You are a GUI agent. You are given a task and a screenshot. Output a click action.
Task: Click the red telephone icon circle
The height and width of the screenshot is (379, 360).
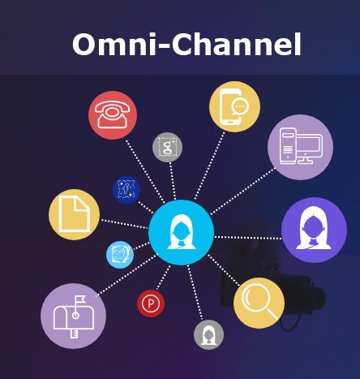click(113, 115)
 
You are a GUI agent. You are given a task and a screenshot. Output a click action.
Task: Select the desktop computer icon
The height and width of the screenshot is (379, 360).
click(300, 147)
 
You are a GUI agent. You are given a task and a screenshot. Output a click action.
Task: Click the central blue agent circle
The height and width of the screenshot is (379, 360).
click(182, 232)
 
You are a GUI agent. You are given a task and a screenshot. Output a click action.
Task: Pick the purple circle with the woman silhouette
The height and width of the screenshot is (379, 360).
click(314, 230)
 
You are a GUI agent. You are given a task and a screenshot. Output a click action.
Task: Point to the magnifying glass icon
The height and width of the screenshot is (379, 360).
click(259, 303)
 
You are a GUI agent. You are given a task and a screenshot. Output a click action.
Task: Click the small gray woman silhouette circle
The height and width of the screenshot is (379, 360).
click(208, 334)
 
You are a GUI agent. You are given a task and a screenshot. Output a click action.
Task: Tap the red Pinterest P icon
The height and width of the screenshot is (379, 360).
click(151, 304)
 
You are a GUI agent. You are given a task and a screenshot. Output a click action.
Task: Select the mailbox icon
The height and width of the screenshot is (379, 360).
click(73, 316)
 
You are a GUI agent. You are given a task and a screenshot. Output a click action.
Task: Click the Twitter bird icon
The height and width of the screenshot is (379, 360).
click(120, 255)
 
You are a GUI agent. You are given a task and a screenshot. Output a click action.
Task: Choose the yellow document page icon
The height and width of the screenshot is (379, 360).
click(75, 214)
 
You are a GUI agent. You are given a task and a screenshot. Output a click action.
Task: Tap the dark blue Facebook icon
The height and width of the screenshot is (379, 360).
click(126, 190)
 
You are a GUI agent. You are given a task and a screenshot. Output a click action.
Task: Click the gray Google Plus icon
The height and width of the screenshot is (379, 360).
click(167, 147)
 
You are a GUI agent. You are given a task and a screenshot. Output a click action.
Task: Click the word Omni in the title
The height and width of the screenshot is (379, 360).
click(114, 45)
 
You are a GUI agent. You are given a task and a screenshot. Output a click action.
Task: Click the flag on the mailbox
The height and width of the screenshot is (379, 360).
click(80, 299)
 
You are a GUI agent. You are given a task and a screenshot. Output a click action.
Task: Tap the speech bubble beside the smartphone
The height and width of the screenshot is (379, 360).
click(240, 107)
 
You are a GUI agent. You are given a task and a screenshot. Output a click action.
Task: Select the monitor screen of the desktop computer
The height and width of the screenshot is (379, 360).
click(310, 146)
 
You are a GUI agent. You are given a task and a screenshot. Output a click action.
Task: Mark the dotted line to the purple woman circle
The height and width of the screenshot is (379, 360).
click(248, 238)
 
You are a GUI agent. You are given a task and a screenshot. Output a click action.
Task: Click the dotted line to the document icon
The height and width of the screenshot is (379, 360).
click(124, 224)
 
